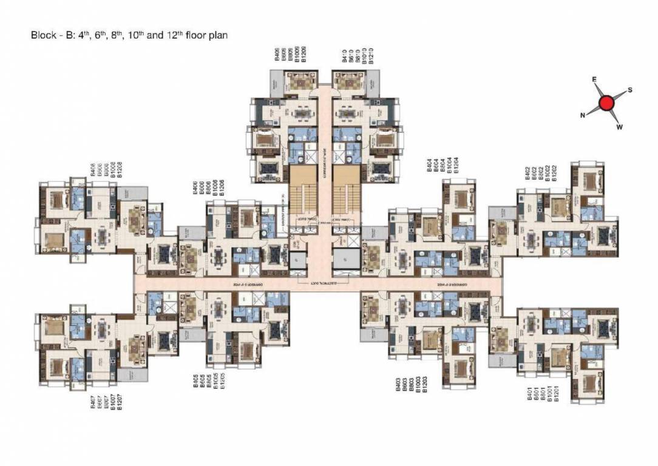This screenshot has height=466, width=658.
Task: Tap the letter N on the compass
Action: tap(583, 115)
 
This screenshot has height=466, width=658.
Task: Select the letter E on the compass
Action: tap(594, 79)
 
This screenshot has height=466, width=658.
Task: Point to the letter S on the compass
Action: tap(630, 90)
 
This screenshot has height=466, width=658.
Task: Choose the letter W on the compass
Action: tap(620, 127)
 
